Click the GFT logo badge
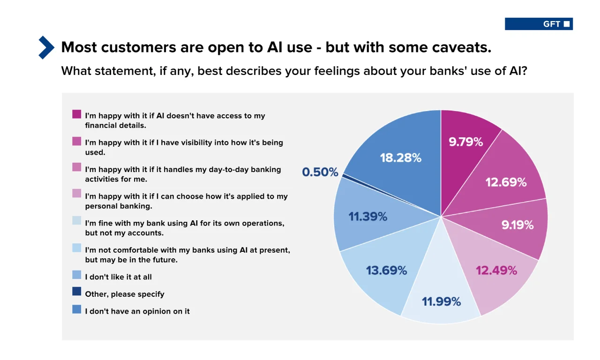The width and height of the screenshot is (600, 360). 539,24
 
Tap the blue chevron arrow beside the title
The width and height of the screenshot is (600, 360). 46,47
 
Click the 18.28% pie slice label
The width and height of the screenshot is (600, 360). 400,158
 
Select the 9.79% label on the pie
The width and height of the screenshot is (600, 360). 465,142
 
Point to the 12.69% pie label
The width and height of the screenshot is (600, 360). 506,182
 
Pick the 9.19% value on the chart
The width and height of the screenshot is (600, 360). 517,225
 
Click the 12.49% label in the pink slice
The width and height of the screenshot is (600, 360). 496,270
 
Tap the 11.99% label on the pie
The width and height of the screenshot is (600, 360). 441,301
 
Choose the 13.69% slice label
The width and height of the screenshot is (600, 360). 386,270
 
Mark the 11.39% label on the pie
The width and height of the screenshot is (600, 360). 367,217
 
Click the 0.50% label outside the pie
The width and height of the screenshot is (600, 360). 320,172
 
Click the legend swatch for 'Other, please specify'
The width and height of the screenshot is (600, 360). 77,292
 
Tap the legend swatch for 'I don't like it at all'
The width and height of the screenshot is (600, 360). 77,274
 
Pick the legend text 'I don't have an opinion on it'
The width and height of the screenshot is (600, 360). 137,311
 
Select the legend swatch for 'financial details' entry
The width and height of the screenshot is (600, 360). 77,114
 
